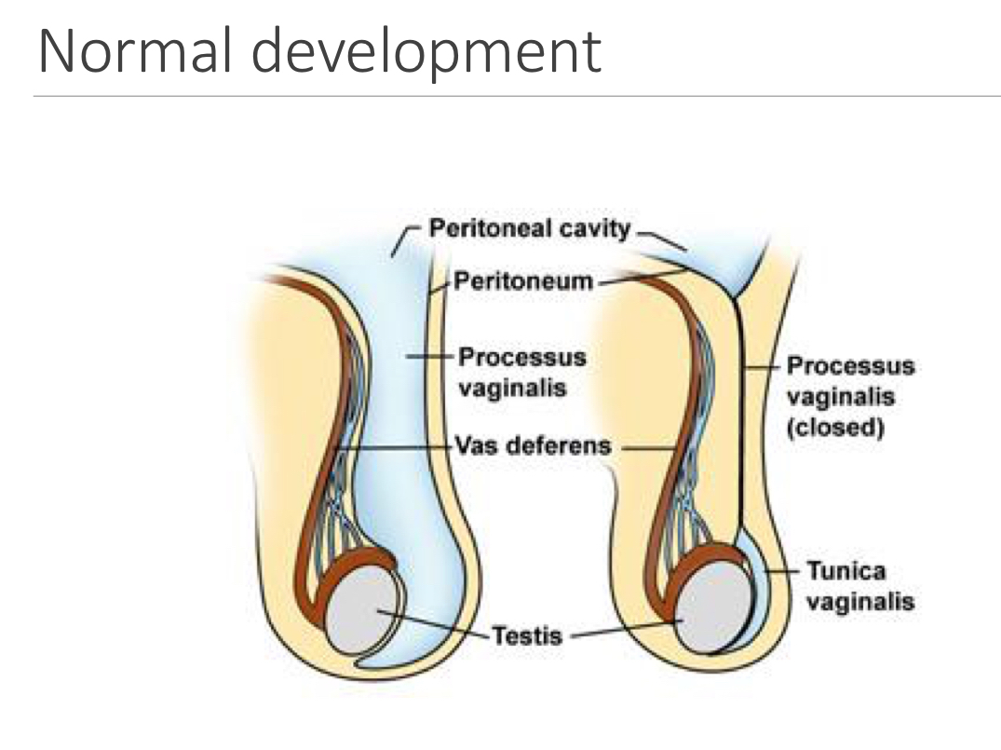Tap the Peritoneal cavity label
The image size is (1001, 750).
pyautogui.click(x=529, y=229)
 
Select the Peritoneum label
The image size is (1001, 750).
pyautogui.click(x=523, y=281)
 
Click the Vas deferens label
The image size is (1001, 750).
pyautogui.click(x=533, y=445)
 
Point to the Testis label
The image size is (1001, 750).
pyautogui.click(x=527, y=636)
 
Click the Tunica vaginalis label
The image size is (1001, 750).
pyautogui.click(x=859, y=586)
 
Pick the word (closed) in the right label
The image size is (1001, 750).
pyautogui.click(x=834, y=429)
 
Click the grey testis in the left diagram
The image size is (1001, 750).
pyautogui.click(x=361, y=610)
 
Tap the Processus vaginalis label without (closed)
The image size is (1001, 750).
pyautogui.click(x=522, y=372)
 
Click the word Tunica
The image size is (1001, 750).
pyautogui.click(x=845, y=570)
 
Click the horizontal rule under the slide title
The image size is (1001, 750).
pyautogui.click(x=517, y=95)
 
